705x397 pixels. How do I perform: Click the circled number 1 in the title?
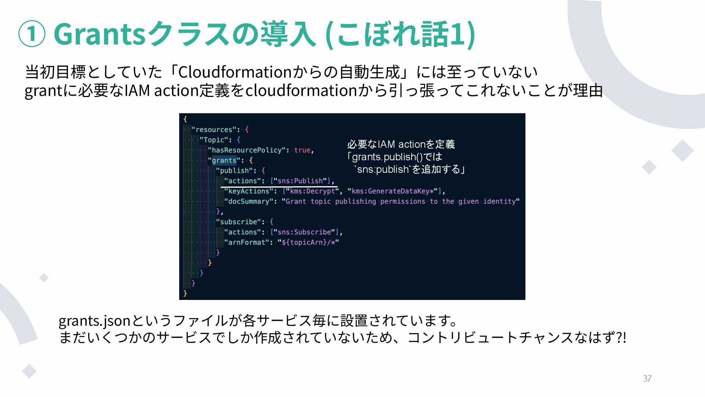coord(32,34)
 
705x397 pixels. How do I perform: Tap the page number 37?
coord(647,378)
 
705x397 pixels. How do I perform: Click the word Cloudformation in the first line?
coord(235,72)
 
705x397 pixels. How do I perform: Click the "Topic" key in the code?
coord(214,140)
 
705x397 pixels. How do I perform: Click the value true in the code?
coord(302,150)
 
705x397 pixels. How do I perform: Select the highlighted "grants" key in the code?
coord(224,161)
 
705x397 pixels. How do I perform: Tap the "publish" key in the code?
coord(234,171)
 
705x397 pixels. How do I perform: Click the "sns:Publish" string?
coord(300,181)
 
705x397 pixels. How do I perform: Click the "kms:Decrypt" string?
coord(312,191)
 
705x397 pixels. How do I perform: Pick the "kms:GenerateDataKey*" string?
coord(393,191)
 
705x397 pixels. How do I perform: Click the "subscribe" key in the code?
coord(238,222)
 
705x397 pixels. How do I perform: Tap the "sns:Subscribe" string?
coord(304,232)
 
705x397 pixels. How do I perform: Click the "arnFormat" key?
coord(246,243)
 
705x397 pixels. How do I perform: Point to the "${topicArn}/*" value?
coord(308,243)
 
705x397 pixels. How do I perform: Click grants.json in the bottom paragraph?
coord(94,321)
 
